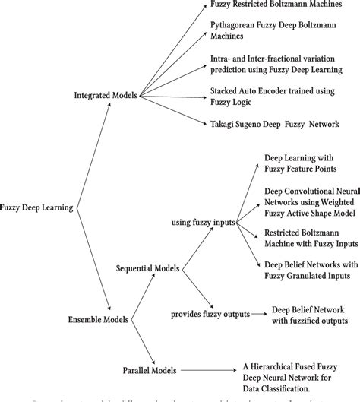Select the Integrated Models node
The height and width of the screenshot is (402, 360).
(106, 96)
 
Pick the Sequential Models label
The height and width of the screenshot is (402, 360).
(149, 268)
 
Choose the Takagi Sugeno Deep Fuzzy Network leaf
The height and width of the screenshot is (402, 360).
(274, 123)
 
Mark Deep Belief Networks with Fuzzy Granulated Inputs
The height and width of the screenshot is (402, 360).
(307, 270)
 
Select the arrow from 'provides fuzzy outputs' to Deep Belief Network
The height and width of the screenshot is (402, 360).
(261, 312)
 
